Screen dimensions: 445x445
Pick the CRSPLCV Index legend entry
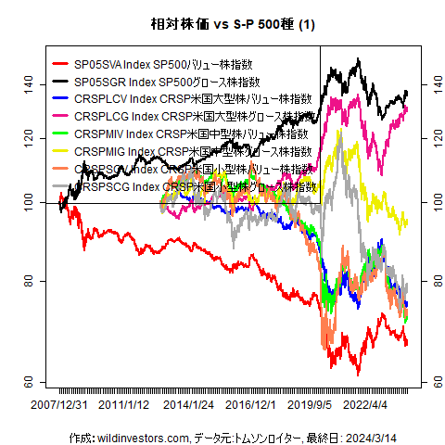pyautogui.click(x=190, y=99)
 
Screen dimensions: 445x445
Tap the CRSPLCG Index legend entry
pyautogui.click(x=191, y=117)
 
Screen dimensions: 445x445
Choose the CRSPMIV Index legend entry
pyautogui.click(x=190, y=133)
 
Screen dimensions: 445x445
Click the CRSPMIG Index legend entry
pyautogui.click(x=190, y=151)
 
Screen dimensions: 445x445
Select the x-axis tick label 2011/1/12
pyautogui.click(x=123, y=404)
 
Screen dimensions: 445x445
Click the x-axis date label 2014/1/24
pyautogui.click(x=187, y=404)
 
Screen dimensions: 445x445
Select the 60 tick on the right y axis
pyautogui.click(x=433, y=382)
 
